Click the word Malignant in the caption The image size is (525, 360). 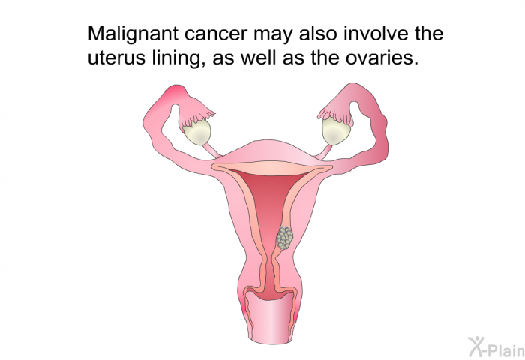pos(133,34)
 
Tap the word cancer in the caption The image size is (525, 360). pos(216,34)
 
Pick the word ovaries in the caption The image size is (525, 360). pos(382,58)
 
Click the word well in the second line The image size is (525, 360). pos(259,58)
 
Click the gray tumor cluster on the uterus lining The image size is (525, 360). pos(284,238)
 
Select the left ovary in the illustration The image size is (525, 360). pos(196,132)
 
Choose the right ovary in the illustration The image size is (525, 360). pos(336,131)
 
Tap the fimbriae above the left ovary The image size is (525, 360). pos(196,114)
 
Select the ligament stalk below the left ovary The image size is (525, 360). pos(212,150)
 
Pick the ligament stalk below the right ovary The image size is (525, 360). pos(323,151)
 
